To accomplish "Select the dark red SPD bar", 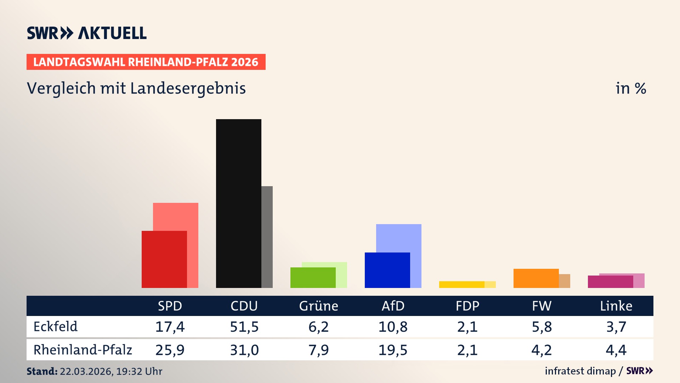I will pyautogui.click(x=164, y=259).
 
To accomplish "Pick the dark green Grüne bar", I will pyautogui.click(x=313, y=278).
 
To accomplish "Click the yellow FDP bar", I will pyautogui.click(x=461, y=284).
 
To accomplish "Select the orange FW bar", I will pyautogui.click(x=536, y=278).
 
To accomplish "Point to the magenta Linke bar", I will pyautogui.click(x=610, y=282).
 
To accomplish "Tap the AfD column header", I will pyautogui.click(x=393, y=306).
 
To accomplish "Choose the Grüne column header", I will pyautogui.click(x=318, y=306).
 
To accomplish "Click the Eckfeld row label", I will pyautogui.click(x=56, y=327).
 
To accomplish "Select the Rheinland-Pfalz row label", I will pyautogui.click(x=83, y=350).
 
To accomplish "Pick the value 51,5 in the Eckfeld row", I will pyautogui.click(x=244, y=327).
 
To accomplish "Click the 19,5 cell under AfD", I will pyautogui.click(x=393, y=350).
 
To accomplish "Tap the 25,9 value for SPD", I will pyautogui.click(x=170, y=350).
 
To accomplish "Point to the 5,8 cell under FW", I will pyautogui.click(x=542, y=327).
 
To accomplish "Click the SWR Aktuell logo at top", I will pyautogui.click(x=87, y=33).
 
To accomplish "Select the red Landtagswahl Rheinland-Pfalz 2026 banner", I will pyautogui.click(x=146, y=62).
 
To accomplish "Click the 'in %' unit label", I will pyautogui.click(x=630, y=88).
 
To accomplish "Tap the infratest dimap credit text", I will pyautogui.click(x=580, y=371).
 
